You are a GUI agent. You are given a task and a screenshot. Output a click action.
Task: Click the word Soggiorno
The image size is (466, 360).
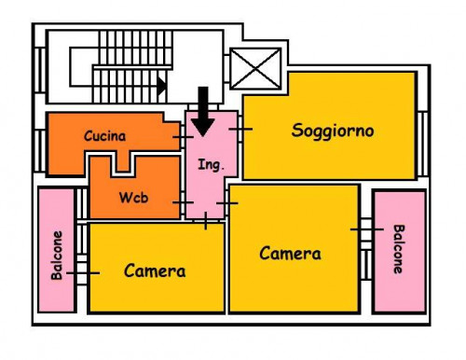coord(332,131)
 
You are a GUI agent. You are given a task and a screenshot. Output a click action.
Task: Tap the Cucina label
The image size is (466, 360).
coord(104,136)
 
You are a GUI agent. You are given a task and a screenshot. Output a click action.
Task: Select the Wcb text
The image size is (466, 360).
coord(133,199)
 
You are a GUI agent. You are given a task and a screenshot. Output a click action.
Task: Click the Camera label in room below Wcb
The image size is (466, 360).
coord(155,271)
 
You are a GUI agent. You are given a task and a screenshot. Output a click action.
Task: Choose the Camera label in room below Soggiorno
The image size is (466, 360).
coord(290,253)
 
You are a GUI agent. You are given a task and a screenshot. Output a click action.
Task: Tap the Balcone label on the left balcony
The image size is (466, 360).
coord(58,255)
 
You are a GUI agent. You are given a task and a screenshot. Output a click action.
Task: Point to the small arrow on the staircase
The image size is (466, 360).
coord(161,87)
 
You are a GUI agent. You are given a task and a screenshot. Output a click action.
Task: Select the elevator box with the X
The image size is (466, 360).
coord(254,69)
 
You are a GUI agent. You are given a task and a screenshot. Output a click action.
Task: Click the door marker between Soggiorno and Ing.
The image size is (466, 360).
coord(240,129)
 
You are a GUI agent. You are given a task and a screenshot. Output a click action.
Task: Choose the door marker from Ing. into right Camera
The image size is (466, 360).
coord(226,201)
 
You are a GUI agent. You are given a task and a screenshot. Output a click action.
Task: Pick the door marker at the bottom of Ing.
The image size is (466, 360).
coord(205,220)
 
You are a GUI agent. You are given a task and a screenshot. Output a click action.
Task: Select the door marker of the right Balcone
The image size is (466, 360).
coord(367,228)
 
